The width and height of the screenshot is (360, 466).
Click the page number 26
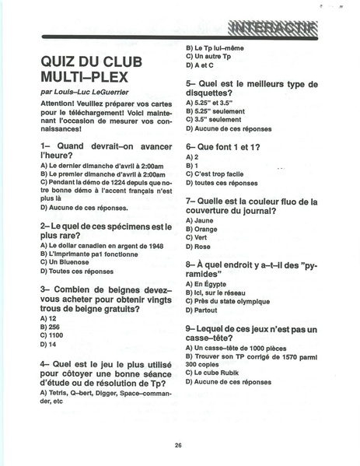point(178,444)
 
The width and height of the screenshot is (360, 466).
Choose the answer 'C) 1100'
point(51,335)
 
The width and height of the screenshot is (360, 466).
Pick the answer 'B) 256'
point(48,327)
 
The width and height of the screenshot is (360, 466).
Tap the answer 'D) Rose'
point(201,247)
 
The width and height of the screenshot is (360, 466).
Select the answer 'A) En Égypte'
point(208,285)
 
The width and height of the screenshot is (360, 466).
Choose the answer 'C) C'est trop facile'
point(220,174)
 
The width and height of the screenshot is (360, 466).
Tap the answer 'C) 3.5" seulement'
point(218,119)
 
